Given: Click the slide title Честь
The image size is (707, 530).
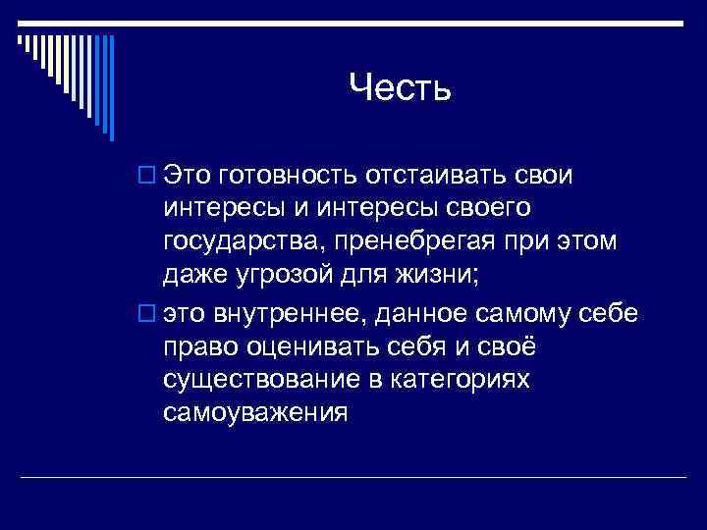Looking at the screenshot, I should coord(400,90).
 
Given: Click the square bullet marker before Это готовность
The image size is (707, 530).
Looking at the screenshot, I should coord(149,176).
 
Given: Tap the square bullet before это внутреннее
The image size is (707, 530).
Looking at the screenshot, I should coord(149,314).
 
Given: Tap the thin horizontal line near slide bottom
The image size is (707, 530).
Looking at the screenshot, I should coord(353,477).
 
